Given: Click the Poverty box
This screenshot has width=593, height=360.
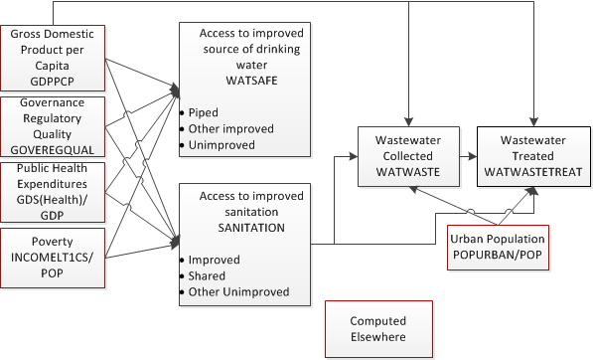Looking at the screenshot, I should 53,254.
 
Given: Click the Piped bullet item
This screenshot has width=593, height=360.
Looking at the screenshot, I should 206,112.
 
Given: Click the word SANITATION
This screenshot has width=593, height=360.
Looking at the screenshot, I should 240,227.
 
